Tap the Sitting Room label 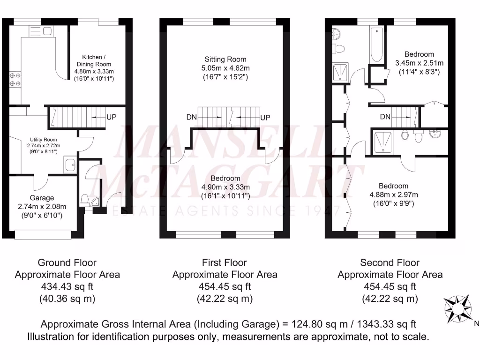click(x=225, y=60)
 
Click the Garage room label click(x=42, y=198)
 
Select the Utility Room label click(x=43, y=140)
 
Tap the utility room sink click(x=70, y=165)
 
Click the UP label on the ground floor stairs click(x=111, y=117)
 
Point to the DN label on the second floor click(x=385, y=117)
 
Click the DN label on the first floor click(x=191, y=118)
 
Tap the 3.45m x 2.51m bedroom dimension click(x=419, y=63)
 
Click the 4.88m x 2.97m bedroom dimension click(x=393, y=195)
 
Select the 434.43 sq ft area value click(x=67, y=286)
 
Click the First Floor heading click(x=225, y=262)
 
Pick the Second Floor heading click(x=390, y=262)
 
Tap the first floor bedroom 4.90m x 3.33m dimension click(x=225, y=187)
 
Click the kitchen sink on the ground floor click(x=47, y=31)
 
